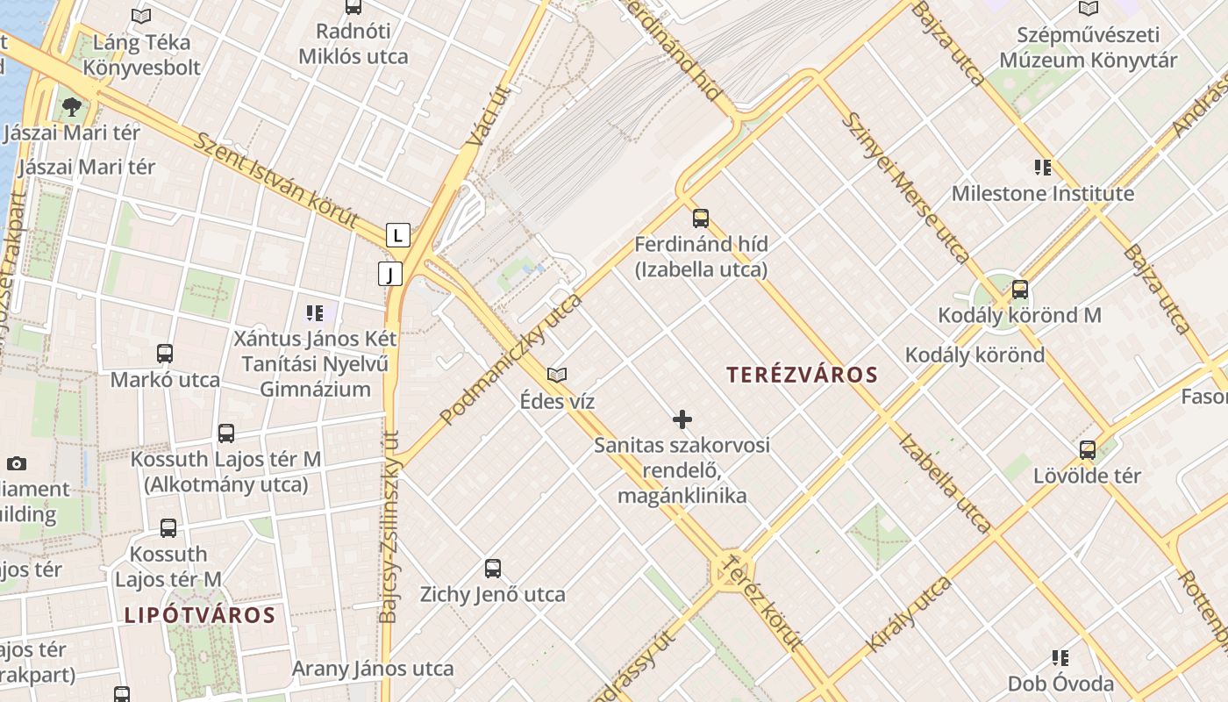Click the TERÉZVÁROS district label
(x=802, y=375)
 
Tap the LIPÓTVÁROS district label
(x=200, y=614)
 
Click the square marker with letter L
(x=398, y=235)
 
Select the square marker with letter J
(x=390, y=274)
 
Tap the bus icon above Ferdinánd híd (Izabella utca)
(x=700, y=218)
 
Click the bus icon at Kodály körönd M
(x=1019, y=289)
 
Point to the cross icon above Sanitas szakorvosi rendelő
(x=682, y=419)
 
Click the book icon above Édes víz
(x=556, y=375)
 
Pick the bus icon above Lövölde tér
(x=1088, y=450)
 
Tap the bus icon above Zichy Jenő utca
(x=493, y=568)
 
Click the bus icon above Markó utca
(x=165, y=354)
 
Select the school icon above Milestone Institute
(x=1042, y=167)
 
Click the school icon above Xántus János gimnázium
(x=315, y=312)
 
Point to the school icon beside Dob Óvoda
(x=1060, y=657)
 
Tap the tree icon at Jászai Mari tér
(x=72, y=107)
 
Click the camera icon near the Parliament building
(x=17, y=463)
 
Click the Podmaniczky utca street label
(x=511, y=360)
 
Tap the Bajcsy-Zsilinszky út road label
(x=390, y=526)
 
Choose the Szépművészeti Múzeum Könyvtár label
(x=1089, y=47)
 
